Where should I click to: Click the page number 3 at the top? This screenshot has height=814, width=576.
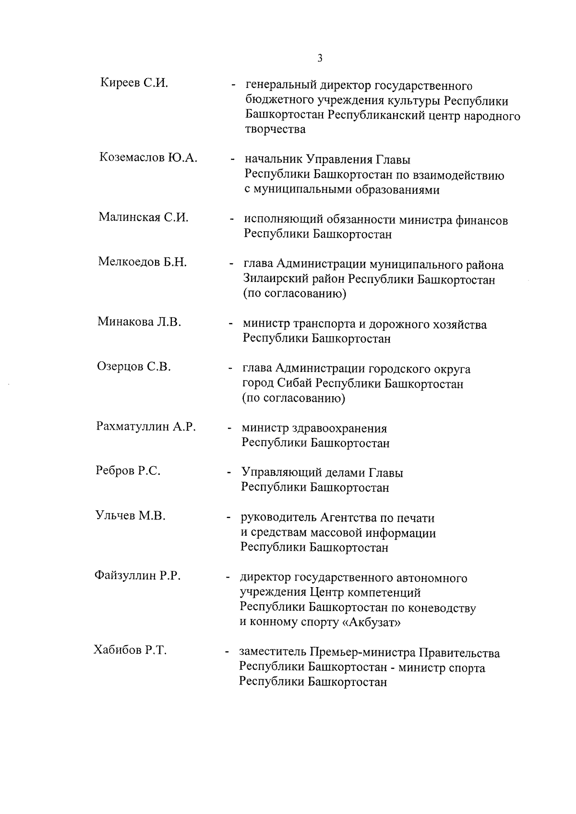[x=320, y=59]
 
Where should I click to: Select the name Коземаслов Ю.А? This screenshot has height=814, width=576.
[x=148, y=157]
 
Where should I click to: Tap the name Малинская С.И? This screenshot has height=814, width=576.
[x=144, y=217]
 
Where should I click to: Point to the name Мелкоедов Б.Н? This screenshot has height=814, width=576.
[x=142, y=262]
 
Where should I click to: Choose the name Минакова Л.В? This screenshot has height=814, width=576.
[x=139, y=321]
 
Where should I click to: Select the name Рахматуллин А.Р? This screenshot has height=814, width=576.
[x=146, y=426]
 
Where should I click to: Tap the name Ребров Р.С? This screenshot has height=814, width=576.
[x=128, y=471]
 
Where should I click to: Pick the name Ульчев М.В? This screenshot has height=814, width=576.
[x=130, y=516]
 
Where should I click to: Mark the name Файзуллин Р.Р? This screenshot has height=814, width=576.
[x=137, y=576]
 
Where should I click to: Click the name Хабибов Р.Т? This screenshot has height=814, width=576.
[x=130, y=650]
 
